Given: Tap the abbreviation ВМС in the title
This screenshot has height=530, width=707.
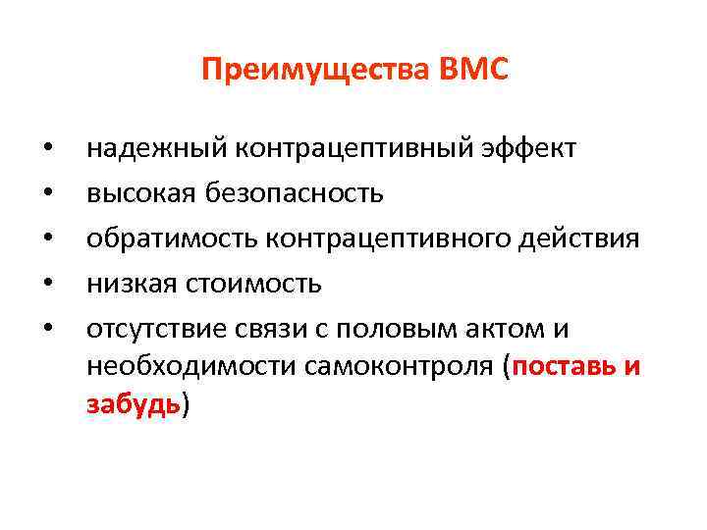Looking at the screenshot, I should [x=475, y=71].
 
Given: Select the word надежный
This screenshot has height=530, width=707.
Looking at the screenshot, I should [x=155, y=148].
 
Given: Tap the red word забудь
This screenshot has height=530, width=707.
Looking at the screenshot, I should [x=134, y=404].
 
